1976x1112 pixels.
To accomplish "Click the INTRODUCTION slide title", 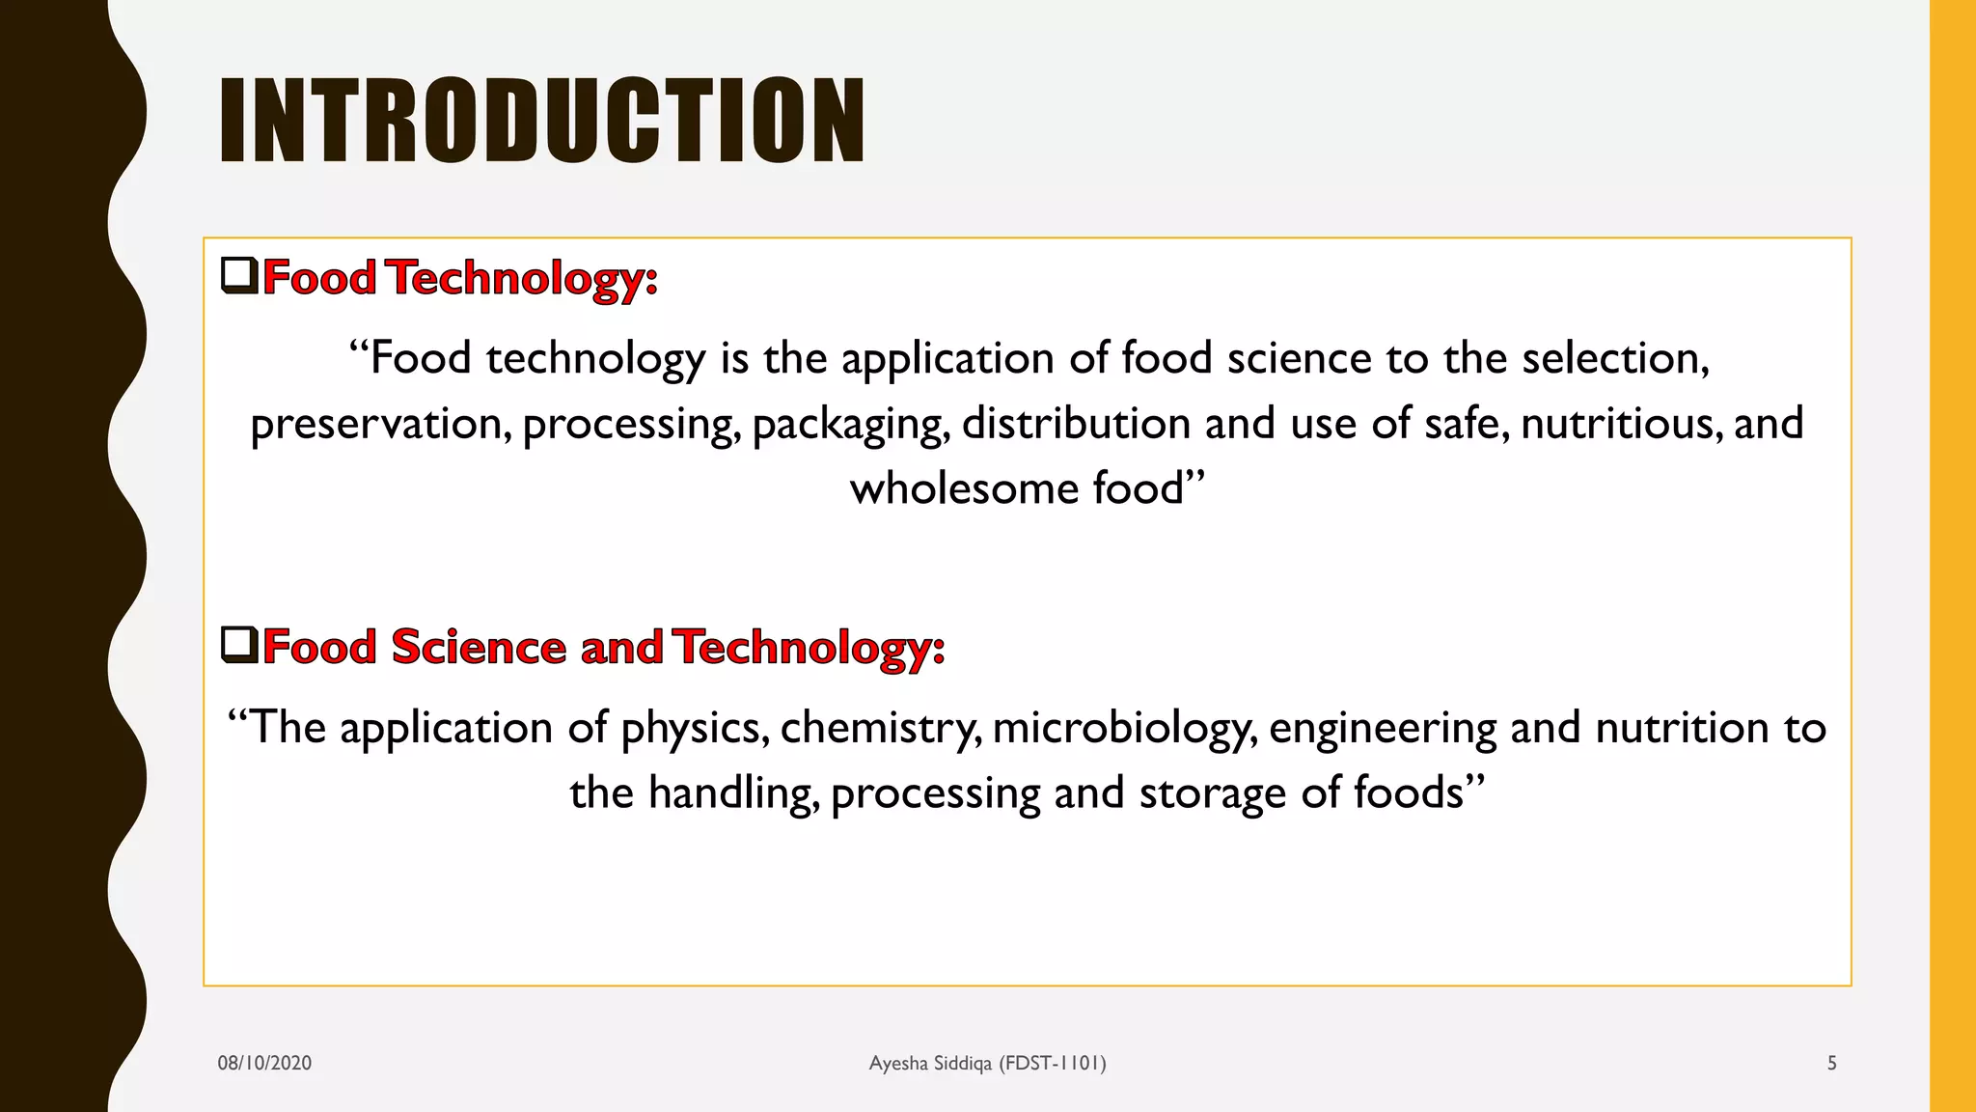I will pyautogui.click(x=541, y=121).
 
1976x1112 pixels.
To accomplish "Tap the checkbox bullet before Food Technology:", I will pyautogui.click(x=239, y=275).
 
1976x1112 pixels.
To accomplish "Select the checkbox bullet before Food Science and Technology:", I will pyautogui.click(x=239, y=644).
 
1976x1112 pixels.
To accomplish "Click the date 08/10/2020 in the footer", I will pyautogui.click(x=264, y=1063).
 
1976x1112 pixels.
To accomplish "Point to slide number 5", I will pyautogui.click(x=1831, y=1063).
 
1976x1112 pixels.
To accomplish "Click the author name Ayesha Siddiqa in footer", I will pyautogui.click(x=930, y=1063).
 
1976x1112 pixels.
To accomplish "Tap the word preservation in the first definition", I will pyautogui.click(x=380, y=425).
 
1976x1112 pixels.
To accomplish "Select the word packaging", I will pyautogui.click(x=850, y=425).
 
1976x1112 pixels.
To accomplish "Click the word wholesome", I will pyautogui.click(x=964, y=488).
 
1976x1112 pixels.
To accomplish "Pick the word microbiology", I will pyautogui.click(x=1124, y=729).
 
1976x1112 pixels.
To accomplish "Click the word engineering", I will pyautogui.click(x=1382, y=729).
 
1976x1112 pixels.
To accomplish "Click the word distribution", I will pyautogui.click(x=1076, y=425).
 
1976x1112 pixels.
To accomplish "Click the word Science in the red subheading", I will pyautogui.click(x=479, y=647).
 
